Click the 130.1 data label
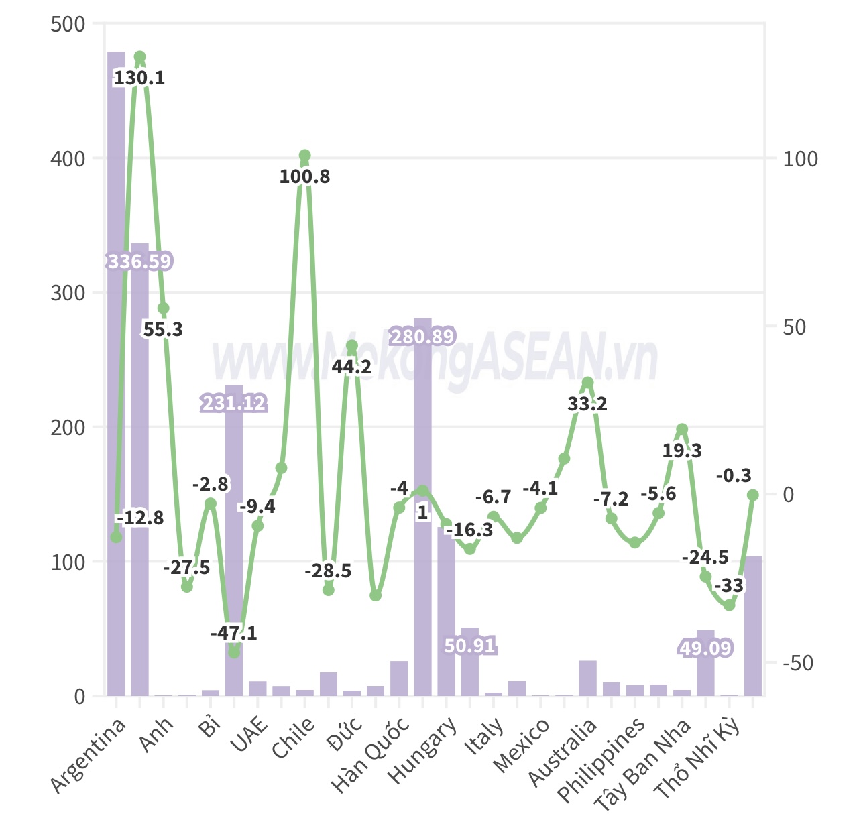click(139, 78)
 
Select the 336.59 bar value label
click(139, 261)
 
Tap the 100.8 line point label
click(304, 176)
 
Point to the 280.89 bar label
click(422, 336)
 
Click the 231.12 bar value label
click(234, 403)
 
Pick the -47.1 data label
click(233, 633)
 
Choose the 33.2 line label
click(587, 404)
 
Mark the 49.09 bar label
click(705, 648)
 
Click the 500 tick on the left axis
click(68, 24)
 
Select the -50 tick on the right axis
click(797, 663)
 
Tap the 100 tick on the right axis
click(800, 159)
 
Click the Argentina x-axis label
click(88, 756)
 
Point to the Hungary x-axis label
click(424, 750)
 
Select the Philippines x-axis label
click(601, 760)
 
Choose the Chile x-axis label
click(293, 737)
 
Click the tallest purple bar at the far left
click(116, 373)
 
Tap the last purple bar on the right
click(753, 626)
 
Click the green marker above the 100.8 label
click(304, 156)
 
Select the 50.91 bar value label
click(469, 646)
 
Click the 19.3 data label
click(682, 451)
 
